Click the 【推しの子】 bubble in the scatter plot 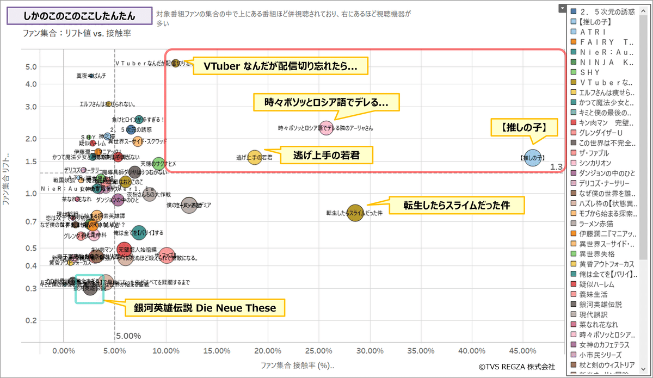[x=533, y=158]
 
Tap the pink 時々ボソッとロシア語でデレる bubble [x=325, y=128]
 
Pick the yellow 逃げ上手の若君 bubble [x=255, y=157]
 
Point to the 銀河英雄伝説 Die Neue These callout [x=205, y=308]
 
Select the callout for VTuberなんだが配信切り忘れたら [x=280, y=66]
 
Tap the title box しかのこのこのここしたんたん [x=79, y=15]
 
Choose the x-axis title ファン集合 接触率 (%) [x=297, y=364]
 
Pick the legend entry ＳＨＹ [x=598, y=72]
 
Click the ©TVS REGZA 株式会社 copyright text [x=516, y=367]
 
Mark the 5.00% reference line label [x=128, y=336]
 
